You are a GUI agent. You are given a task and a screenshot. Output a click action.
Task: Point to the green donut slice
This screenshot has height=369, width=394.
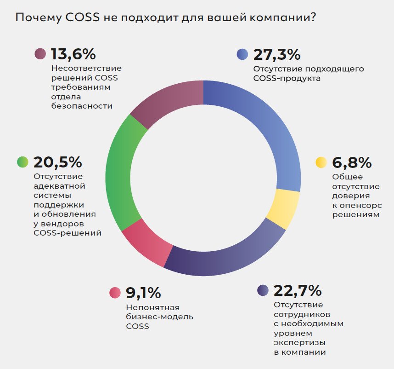tap(121, 173)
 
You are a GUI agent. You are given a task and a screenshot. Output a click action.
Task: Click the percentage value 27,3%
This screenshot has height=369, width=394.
tap(276, 54)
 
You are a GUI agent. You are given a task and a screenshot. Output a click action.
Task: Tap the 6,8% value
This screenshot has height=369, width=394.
tap(352, 162)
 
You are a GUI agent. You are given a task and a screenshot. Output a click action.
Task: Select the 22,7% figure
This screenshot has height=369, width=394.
tap(298, 291)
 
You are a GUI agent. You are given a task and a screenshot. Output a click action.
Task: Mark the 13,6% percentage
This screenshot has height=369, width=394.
tap(73, 54)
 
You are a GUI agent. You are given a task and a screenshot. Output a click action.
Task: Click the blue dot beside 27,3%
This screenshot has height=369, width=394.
tap(242, 54)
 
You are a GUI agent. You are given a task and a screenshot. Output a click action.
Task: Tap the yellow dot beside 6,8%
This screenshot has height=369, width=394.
tap(321, 162)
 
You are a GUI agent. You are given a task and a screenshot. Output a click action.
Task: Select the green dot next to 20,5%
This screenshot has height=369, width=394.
tap(23, 162)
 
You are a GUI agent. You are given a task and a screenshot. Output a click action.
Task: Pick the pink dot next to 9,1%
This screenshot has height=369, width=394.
tap(115, 293)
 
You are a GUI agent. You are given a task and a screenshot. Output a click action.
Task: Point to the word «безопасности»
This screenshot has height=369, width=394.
tap(82, 105)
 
